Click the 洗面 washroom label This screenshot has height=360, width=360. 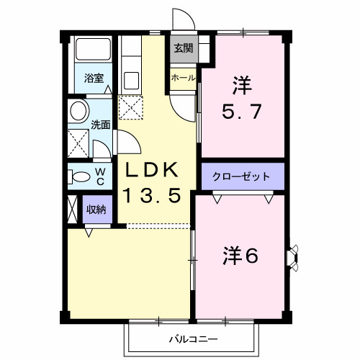tap(101, 124)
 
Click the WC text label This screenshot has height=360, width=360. tap(101, 176)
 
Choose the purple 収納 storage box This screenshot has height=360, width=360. tap(96, 210)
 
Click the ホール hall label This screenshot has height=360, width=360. tap(182, 77)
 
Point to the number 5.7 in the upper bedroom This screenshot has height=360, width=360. tap(245, 112)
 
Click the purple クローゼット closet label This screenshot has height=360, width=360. tap(243, 176)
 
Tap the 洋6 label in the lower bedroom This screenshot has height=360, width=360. tap(240, 255)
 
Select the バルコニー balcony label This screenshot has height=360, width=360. tap(194, 338)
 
